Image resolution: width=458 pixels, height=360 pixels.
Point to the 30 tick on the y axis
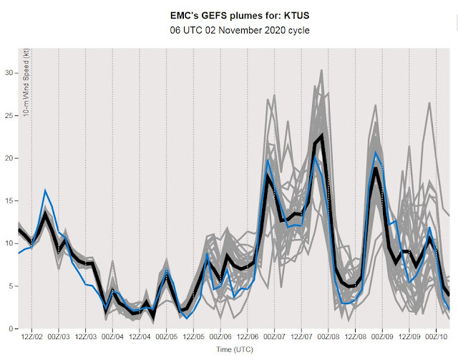(x=9, y=73)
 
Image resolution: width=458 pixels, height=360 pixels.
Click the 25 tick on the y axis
(x=9, y=115)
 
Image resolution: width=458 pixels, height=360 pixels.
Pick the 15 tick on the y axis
(x=9, y=200)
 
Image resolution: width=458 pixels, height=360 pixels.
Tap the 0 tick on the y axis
(x=11, y=329)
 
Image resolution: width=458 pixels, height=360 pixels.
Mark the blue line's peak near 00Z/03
(x=45, y=190)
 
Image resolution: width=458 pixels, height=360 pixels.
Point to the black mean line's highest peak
(x=323, y=135)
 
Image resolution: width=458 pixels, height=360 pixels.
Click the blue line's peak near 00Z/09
(x=375, y=152)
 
